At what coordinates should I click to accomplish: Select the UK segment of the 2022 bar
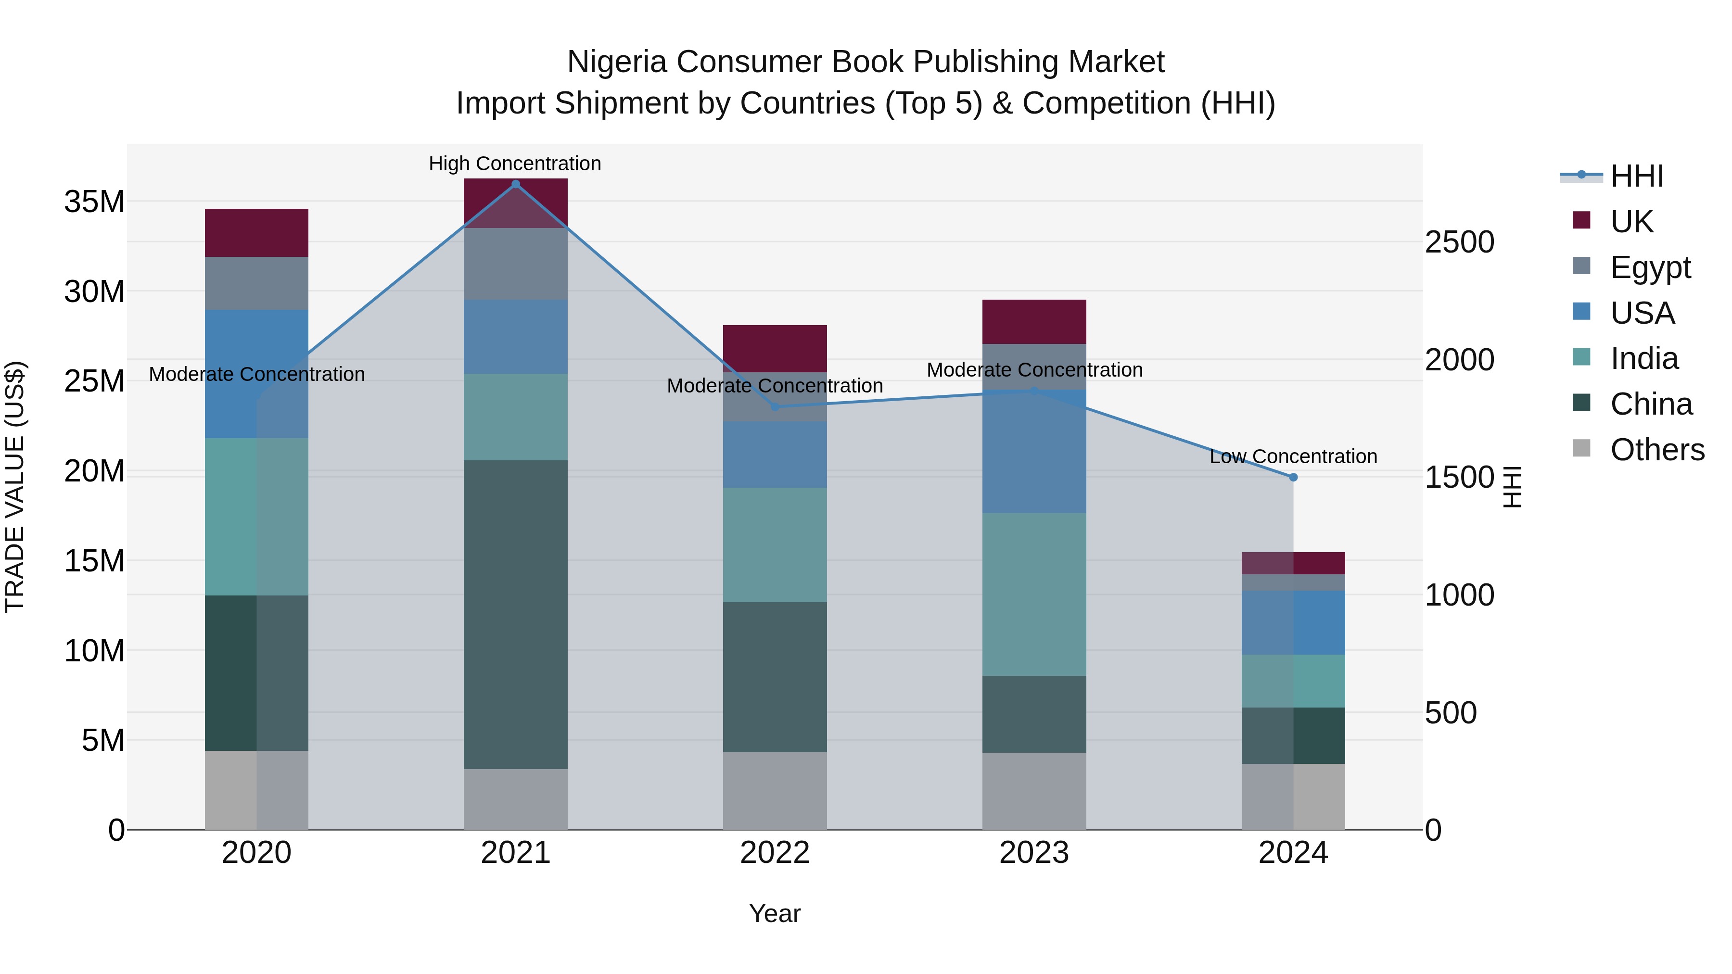(x=775, y=348)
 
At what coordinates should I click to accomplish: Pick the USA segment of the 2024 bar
(x=1292, y=622)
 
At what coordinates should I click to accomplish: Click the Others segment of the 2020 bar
(x=256, y=789)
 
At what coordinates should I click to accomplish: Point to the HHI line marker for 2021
(x=516, y=184)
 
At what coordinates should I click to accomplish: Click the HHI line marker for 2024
(x=1293, y=477)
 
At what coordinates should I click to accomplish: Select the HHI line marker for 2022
(x=775, y=406)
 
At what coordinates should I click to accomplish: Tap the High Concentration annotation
(x=515, y=164)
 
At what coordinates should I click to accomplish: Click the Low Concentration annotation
(x=1293, y=456)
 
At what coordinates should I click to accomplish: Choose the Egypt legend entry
(x=1650, y=267)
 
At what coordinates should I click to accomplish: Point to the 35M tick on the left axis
(x=94, y=202)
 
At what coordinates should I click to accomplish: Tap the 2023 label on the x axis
(x=1033, y=853)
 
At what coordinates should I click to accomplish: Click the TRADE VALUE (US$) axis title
(x=15, y=487)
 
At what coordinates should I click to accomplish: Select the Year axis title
(x=775, y=913)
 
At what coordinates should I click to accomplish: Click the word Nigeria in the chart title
(x=617, y=62)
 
